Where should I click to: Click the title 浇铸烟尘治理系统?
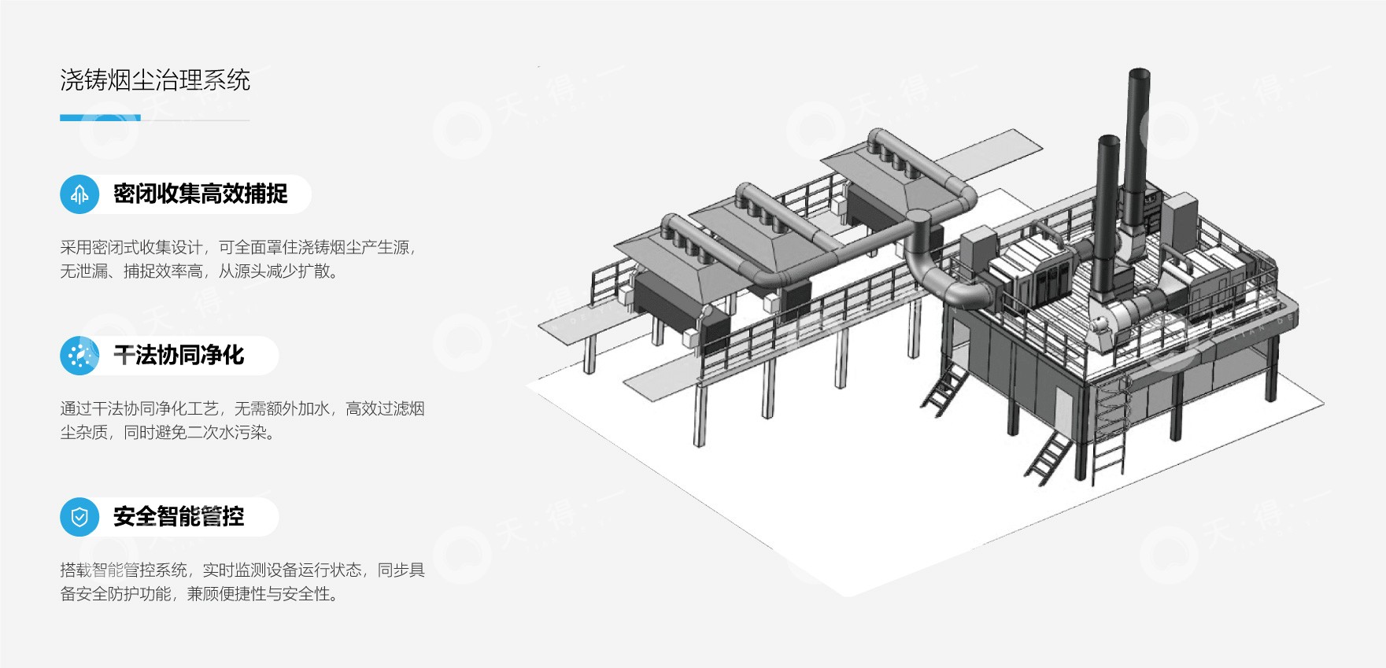click(155, 80)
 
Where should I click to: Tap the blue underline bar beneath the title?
click(100, 118)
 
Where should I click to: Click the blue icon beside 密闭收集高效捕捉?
click(79, 194)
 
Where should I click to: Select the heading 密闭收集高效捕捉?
click(200, 194)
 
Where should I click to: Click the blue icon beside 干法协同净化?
click(79, 356)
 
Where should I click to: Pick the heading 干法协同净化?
click(179, 356)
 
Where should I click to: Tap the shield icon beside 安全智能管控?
click(79, 517)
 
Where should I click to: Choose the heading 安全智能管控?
click(179, 517)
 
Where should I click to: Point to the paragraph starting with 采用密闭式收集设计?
click(238, 259)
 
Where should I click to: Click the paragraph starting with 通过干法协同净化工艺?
click(242, 420)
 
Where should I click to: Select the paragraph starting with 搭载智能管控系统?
click(242, 581)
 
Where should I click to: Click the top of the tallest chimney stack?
click(1140, 76)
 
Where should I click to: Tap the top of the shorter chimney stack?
click(1108, 142)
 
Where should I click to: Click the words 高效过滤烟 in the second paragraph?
click(385, 408)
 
